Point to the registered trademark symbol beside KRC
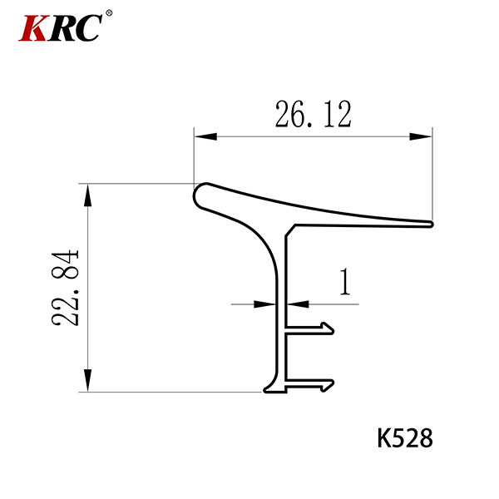109,13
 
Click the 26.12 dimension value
314,114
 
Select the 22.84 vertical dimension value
65,289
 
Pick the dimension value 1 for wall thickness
345,282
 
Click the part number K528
405,438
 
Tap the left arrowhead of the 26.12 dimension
205,136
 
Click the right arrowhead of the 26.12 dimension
421,136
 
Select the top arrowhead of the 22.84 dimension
87,195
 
